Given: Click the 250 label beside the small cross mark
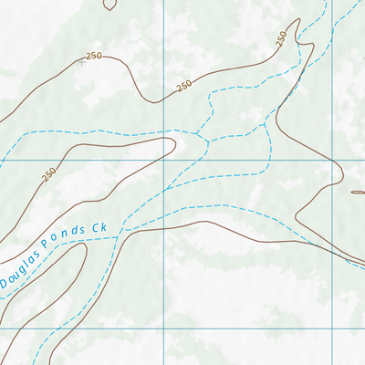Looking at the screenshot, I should click(x=92, y=57).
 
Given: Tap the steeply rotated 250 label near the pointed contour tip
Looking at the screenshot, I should click(x=281, y=38).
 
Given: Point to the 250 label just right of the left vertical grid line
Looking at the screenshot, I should click(x=183, y=86).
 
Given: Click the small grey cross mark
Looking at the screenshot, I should click(x=80, y=63).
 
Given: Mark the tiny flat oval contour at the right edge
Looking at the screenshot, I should click(x=358, y=192).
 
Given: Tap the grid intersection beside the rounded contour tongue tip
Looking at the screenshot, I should click(x=165, y=160).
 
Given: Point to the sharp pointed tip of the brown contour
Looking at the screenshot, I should click(x=299, y=20).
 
